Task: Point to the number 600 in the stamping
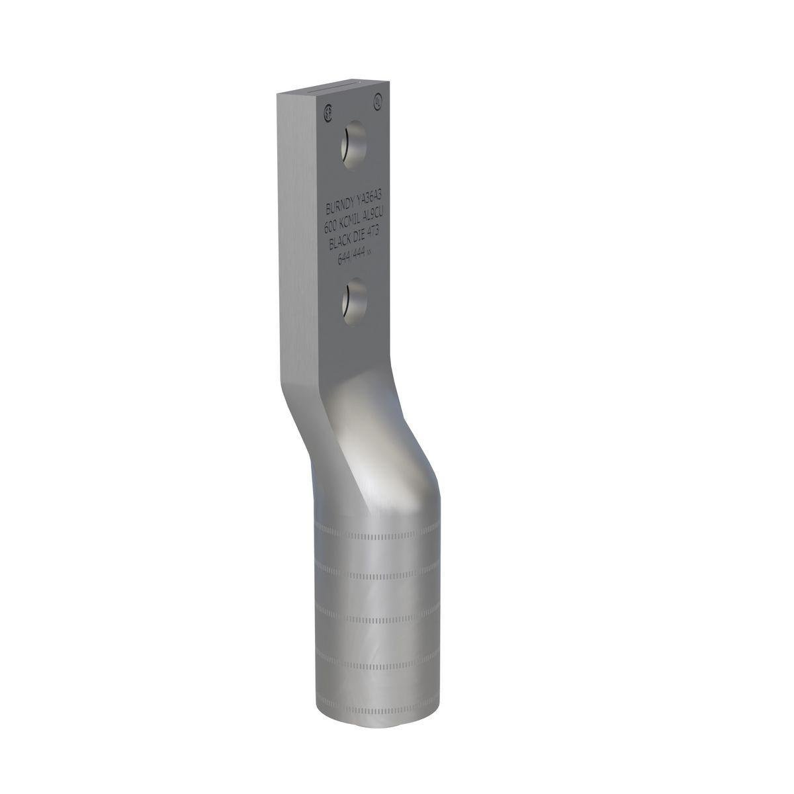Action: click(x=332, y=226)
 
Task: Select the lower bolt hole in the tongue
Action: click(x=355, y=300)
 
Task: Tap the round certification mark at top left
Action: click(x=328, y=112)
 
